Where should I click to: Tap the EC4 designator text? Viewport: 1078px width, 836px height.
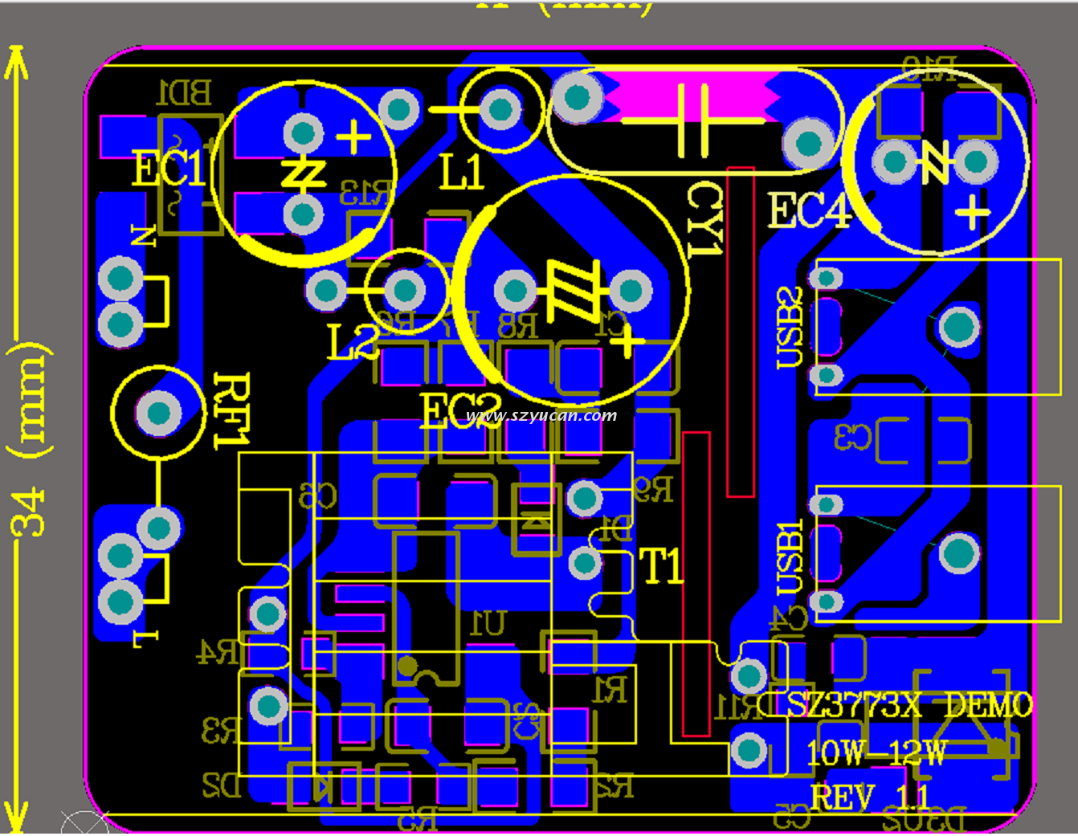[808, 212]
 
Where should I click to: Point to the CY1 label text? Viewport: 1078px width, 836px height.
[704, 218]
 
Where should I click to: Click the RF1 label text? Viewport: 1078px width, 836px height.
[231, 410]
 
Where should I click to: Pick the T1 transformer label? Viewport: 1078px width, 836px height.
[662, 567]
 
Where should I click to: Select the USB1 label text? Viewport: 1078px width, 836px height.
[790, 557]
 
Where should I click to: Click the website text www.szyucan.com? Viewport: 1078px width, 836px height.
[541, 416]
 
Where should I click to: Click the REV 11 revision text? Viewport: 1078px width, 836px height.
[870, 798]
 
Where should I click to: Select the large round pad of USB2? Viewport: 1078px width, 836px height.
[959, 327]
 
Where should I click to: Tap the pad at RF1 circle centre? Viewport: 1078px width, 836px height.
[159, 413]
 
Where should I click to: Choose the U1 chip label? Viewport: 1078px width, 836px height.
[488, 623]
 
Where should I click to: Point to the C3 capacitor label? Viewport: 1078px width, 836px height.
[852, 438]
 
